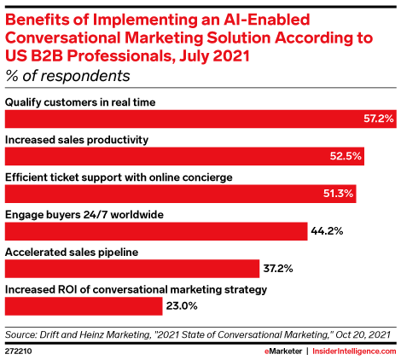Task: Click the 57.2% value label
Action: [x=379, y=119]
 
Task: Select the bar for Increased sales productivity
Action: [x=184, y=156]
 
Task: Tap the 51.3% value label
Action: [x=338, y=194]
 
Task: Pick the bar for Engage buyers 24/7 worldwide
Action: [x=156, y=231]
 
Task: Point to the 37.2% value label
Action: [x=278, y=269]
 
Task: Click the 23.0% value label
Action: [x=182, y=306]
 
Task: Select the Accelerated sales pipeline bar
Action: [x=132, y=269]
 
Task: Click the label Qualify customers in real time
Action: [x=80, y=102]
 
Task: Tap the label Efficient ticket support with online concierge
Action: [x=119, y=177]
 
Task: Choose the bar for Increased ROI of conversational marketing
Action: [x=84, y=306]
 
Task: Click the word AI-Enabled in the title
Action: [x=266, y=20]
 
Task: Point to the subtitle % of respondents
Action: [x=67, y=76]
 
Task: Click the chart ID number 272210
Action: [x=19, y=351]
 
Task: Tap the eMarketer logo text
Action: [x=283, y=351]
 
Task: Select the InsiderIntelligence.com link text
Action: [x=354, y=351]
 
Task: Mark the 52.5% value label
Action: [x=346, y=156]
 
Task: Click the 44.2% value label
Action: [x=327, y=231]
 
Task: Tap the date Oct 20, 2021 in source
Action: [x=363, y=334]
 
